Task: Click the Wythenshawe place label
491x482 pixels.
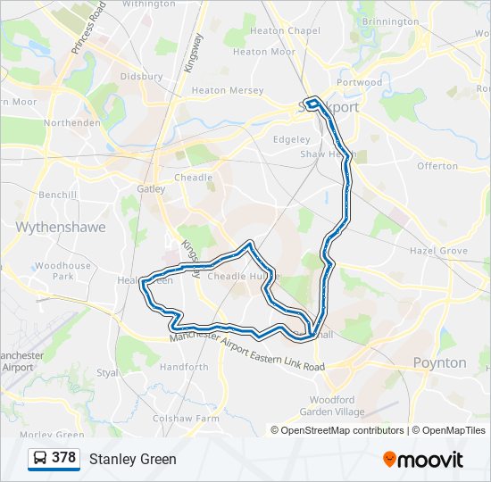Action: click(61, 228)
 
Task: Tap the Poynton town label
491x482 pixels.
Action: click(439, 362)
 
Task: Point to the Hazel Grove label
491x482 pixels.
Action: click(438, 252)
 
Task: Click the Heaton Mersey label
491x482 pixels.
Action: click(228, 90)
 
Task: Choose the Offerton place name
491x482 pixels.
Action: click(437, 166)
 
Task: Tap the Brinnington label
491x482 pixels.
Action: click(391, 21)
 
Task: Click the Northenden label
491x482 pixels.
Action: click(72, 122)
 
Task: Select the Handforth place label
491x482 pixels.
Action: click(184, 367)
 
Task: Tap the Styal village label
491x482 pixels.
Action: click(107, 373)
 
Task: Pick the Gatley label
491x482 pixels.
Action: click(152, 188)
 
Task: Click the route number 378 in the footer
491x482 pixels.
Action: click(63, 458)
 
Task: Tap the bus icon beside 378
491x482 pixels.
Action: click(40, 459)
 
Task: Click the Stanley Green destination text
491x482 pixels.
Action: click(133, 459)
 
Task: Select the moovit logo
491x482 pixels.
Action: click(423, 459)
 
